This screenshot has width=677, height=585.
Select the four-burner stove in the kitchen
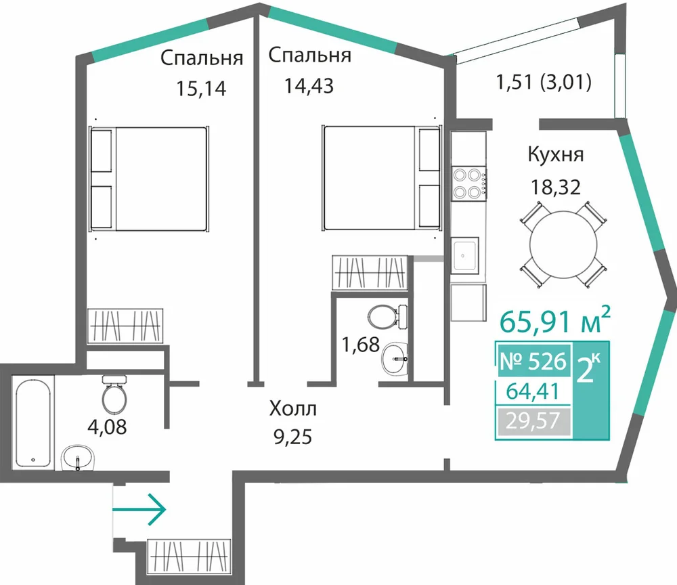468,183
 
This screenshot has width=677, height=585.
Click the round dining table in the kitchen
563,244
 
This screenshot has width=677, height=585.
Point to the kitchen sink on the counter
465,255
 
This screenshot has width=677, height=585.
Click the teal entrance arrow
139,509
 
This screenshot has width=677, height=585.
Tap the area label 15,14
201,89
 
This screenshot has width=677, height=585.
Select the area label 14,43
309,86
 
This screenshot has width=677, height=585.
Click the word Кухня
556,155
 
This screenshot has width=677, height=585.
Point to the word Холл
292,408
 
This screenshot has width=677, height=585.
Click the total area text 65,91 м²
555,320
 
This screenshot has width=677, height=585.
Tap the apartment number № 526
532,361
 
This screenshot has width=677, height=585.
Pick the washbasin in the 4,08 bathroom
78,458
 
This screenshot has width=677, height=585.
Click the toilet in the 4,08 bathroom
114,393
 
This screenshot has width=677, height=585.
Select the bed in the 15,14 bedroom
149,179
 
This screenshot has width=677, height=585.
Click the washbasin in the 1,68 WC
395,358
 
